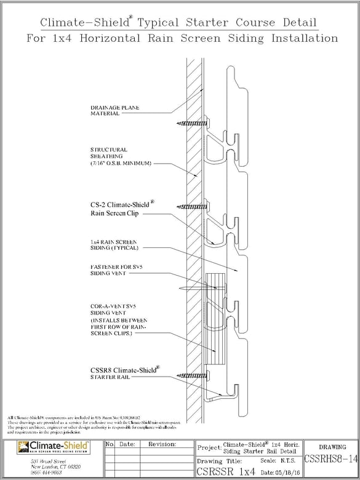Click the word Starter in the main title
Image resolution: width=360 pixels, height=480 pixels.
(x=203, y=23)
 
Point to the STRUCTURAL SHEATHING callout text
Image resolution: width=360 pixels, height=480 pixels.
(x=109, y=153)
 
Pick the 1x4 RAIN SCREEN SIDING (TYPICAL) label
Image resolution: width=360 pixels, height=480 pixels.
(x=115, y=244)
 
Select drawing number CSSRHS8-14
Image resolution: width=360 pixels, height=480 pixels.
(x=330, y=458)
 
